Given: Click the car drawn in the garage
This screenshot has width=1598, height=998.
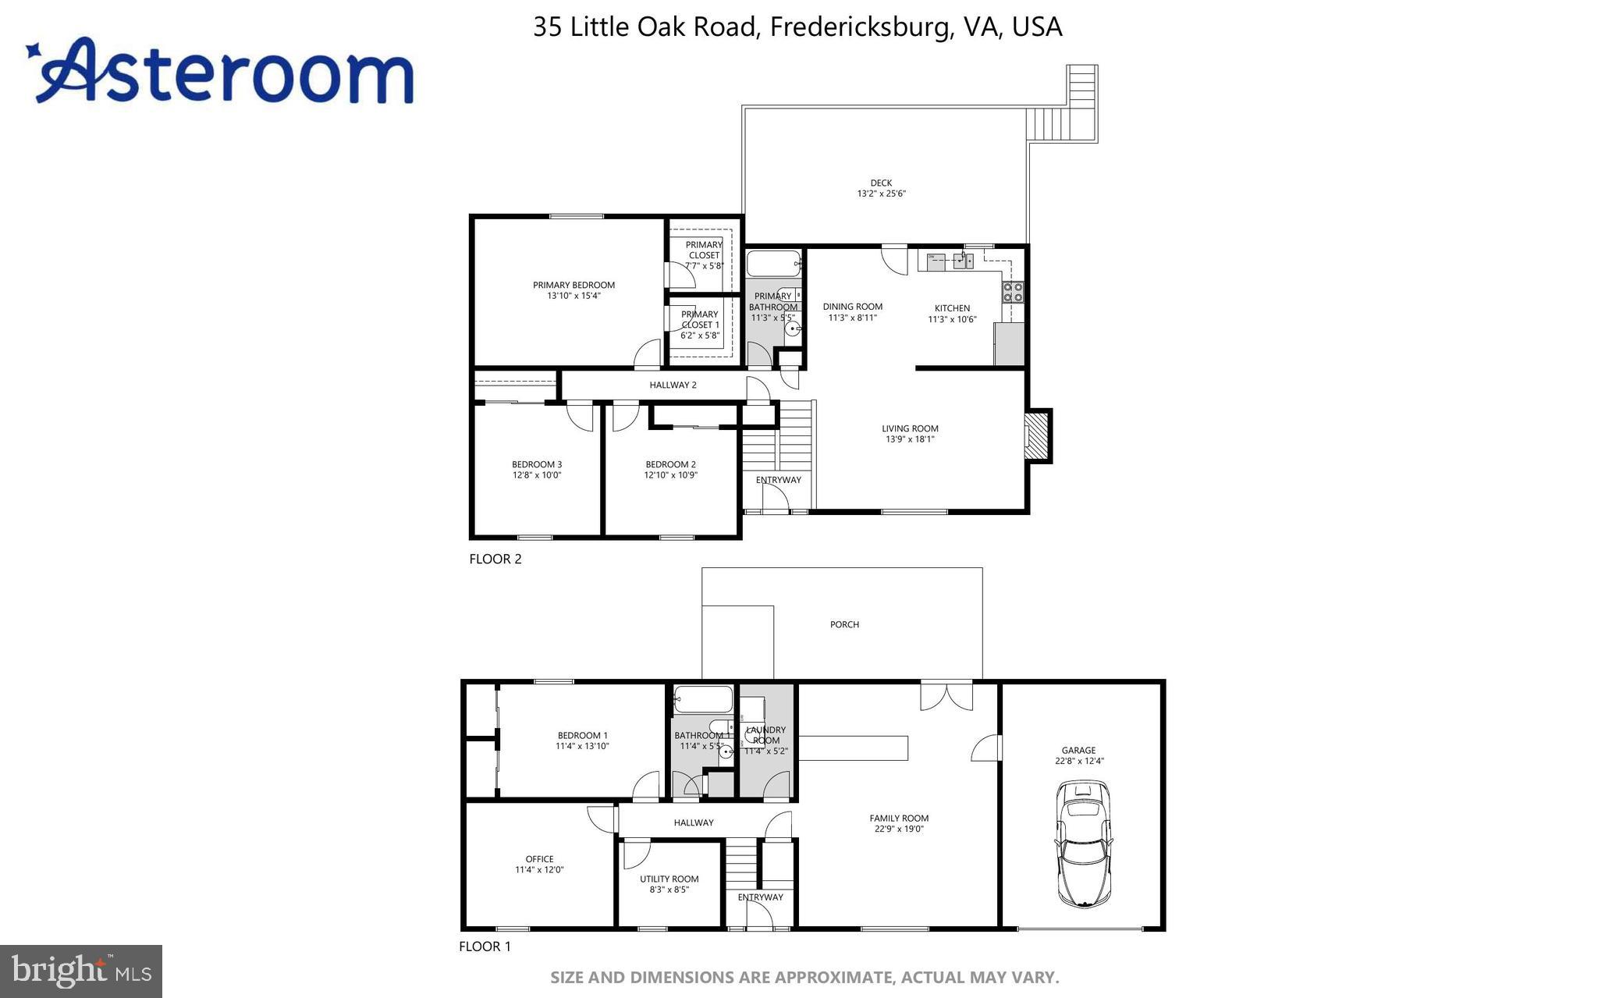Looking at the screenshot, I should coord(1083,846).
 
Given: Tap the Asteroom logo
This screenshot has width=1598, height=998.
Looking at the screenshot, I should coord(222,72).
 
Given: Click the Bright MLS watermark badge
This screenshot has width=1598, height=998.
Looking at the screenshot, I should coord(81,971).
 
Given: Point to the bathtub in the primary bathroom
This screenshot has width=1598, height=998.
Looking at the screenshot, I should coord(772,264).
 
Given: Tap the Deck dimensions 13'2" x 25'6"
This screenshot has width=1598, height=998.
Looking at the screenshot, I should coord(881,194).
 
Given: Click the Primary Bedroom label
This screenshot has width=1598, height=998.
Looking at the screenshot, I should coord(574,285).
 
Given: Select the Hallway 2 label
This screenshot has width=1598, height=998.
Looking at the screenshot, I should coord(673,385).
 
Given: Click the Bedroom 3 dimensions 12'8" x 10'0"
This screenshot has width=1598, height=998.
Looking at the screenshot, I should coord(536,475).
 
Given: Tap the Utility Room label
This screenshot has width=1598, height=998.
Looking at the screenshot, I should coord(669,879).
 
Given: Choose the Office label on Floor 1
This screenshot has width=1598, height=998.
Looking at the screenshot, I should coord(539,859).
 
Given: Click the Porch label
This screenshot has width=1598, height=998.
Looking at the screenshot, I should coord(844,624).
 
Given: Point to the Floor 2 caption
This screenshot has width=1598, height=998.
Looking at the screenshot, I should coord(495,559).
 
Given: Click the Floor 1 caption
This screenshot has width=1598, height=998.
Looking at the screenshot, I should coord(484,947).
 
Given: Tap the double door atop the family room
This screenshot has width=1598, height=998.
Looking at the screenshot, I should coord(946,696).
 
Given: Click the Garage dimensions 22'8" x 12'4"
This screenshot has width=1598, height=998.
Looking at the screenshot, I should coord(1079,761).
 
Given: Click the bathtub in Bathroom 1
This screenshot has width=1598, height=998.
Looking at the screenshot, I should coord(703,698).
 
